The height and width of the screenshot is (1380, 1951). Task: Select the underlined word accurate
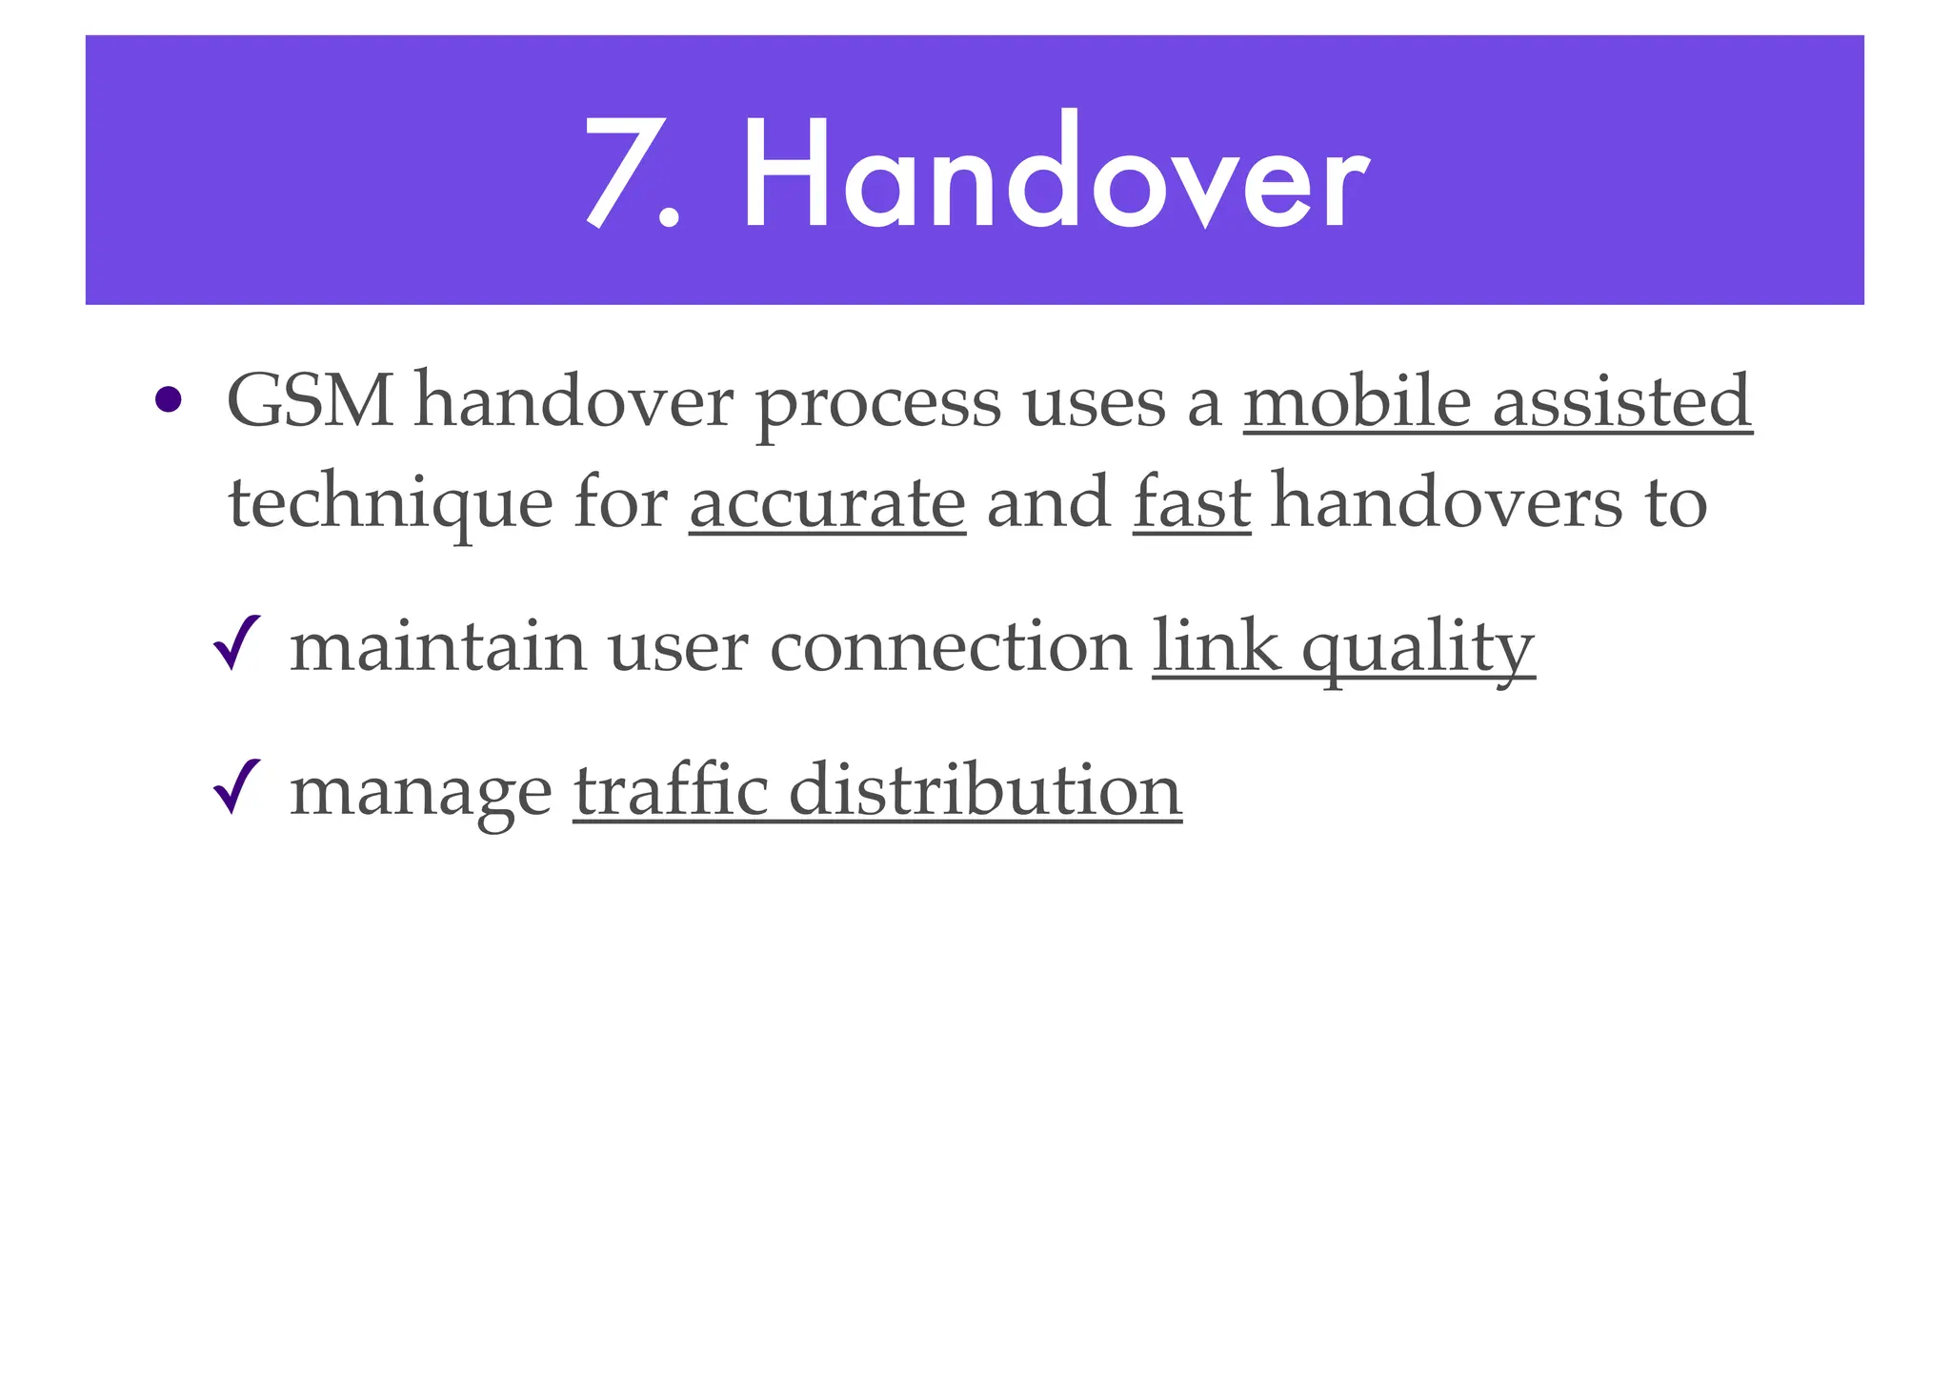827,504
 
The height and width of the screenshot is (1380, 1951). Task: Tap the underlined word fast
1191,502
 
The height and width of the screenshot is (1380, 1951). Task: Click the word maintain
437,646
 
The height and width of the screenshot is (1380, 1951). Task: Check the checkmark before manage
237,787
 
